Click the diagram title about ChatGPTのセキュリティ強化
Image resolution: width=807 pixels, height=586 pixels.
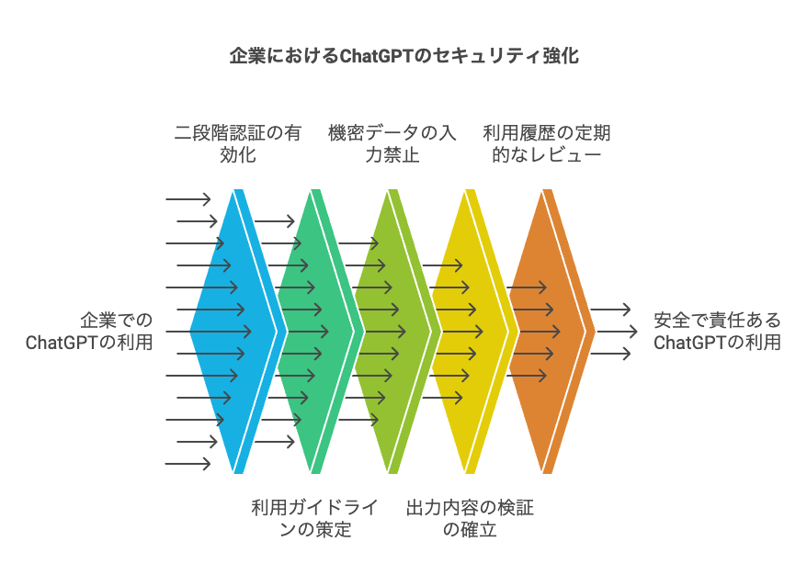pos(404,55)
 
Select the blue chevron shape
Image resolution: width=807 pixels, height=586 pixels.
pos(237,332)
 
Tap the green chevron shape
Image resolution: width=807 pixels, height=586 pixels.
pos(315,332)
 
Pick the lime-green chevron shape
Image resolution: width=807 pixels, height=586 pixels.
pos(392,332)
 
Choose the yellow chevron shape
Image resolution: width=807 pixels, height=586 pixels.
pos(470,332)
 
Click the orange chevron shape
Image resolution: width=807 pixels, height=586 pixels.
pos(547,332)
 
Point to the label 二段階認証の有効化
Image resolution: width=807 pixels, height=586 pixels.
pos(238,144)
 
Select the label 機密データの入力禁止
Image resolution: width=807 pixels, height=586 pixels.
pos(392,144)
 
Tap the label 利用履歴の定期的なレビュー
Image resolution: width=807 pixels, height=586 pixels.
pos(547,144)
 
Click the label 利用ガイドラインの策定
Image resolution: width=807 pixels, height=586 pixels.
pos(315,519)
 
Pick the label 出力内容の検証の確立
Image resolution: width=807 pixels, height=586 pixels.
pos(470,519)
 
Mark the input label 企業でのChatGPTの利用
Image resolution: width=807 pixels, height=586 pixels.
pos(89,332)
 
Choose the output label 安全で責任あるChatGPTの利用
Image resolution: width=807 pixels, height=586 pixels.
pos(718,332)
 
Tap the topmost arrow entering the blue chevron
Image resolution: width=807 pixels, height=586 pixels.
pos(188,199)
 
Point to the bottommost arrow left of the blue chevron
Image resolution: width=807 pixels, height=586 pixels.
pos(188,464)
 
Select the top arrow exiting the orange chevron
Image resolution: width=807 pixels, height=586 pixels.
pos(610,310)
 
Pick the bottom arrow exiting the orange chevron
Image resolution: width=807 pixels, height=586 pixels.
pos(610,354)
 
